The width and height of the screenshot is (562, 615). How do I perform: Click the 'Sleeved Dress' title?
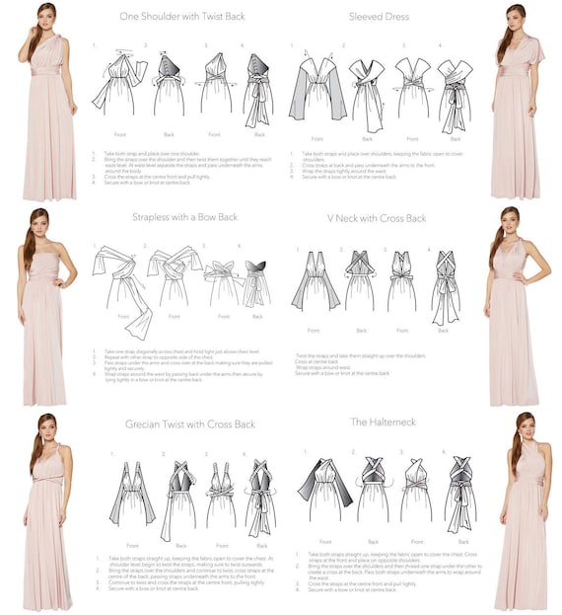379,17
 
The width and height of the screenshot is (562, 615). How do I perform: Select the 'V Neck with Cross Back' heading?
376,217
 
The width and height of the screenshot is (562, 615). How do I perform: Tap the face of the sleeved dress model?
516,18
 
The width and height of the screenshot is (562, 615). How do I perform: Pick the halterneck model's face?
524,427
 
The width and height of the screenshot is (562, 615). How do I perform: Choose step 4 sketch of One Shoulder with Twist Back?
258,90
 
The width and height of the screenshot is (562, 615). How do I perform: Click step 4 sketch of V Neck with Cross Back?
445,286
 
